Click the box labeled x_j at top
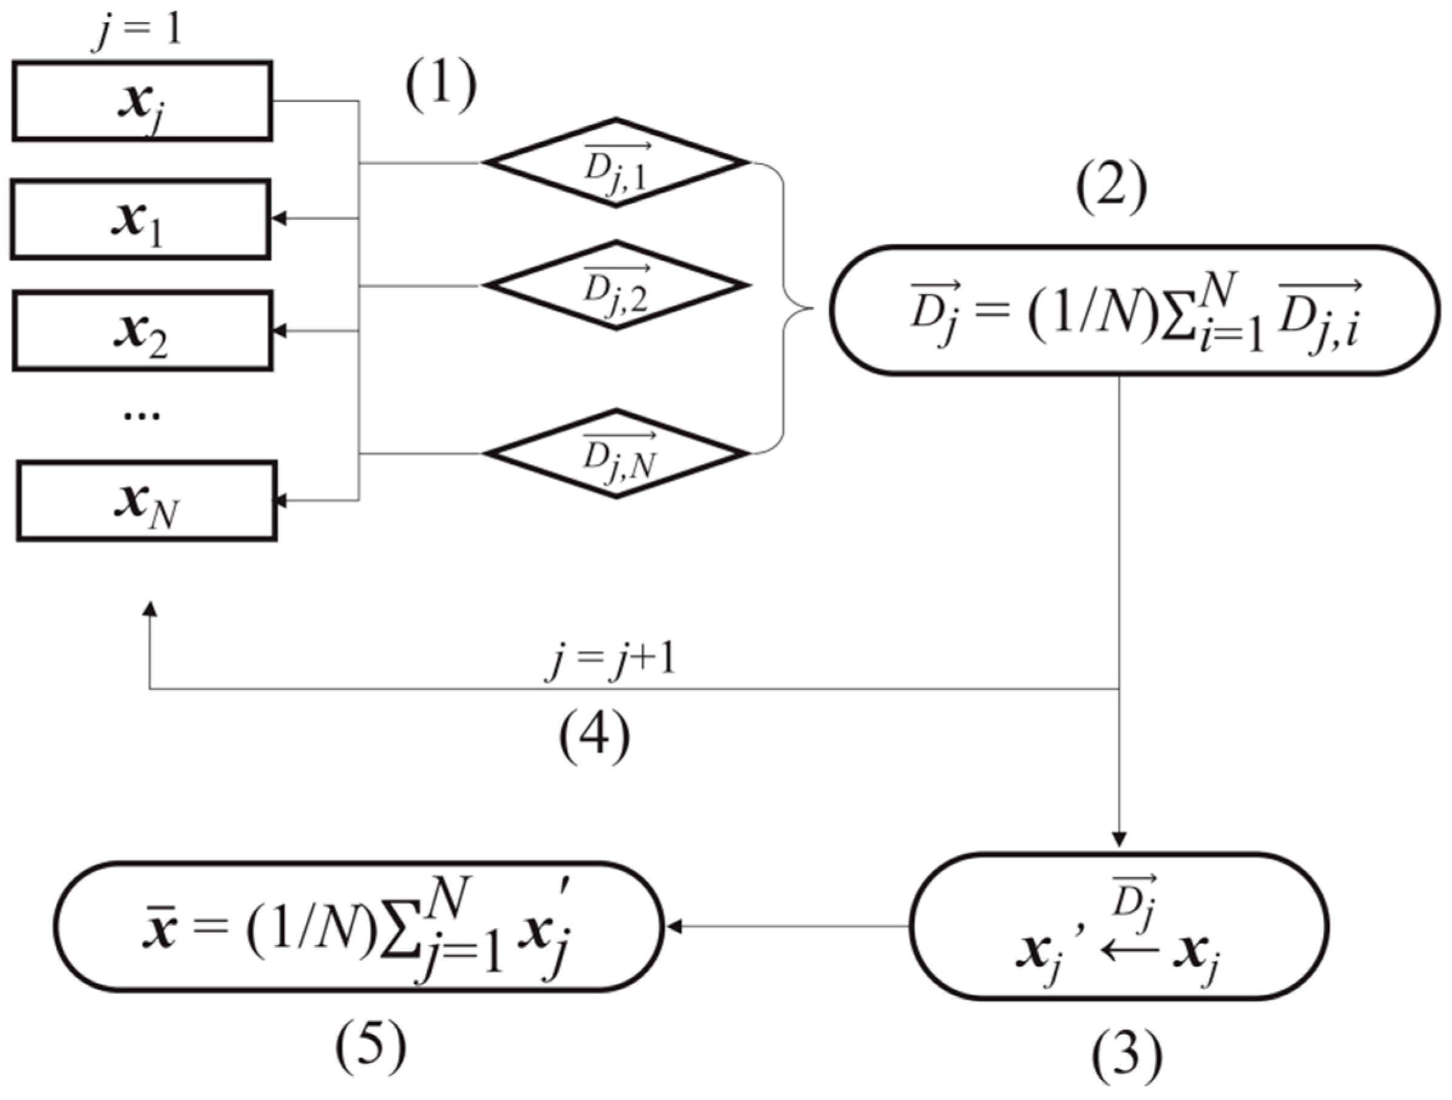[x=143, y=101]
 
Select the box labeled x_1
[x=141, y=219]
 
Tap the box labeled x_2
[x=143, y=331]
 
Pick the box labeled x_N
[x=146, y=501]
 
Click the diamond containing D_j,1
[x=615, y=163]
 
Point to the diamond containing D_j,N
[x=615, y=453]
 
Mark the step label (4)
[x=594, y=738]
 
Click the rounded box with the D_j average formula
[x=1134, y=311]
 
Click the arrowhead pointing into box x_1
[x=279, y=219]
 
